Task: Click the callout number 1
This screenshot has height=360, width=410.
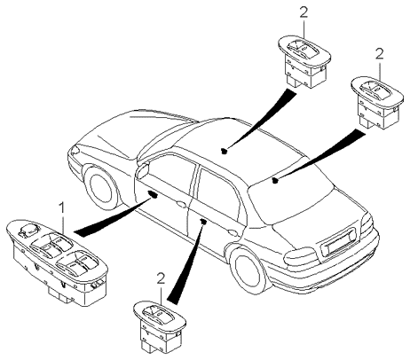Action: point(62,208)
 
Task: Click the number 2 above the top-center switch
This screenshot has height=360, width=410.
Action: point(304,12)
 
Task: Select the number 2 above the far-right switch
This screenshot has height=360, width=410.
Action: point(379,54)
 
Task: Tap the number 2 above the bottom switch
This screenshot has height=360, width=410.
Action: point(161,278)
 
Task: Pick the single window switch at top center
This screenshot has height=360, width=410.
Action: point(304,61)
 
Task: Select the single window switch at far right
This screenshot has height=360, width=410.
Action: point(377,102)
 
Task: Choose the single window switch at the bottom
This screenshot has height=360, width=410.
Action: point(160,327)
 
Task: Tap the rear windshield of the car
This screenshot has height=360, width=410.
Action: point(292,195)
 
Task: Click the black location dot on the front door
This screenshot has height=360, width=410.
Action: point(154,194)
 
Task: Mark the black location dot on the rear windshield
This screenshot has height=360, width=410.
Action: point(275,180)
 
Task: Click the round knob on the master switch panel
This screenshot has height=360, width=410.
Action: point(29,230)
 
